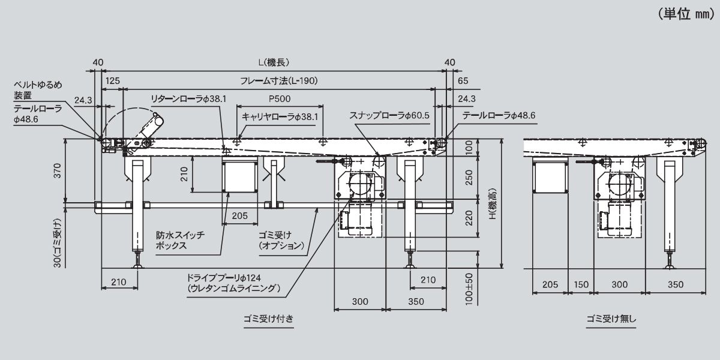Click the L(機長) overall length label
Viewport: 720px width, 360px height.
(x=274, y=62)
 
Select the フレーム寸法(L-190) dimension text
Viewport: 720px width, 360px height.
(x=278, y=80)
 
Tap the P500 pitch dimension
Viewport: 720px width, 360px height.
(x=280, y=98)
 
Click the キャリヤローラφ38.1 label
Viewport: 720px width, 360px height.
(x=280, y=116)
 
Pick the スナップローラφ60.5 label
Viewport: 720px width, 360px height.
(x=390, y=116)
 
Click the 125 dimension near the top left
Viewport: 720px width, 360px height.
(x=112, y=80)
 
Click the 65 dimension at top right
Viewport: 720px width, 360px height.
(x=463, y=80)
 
